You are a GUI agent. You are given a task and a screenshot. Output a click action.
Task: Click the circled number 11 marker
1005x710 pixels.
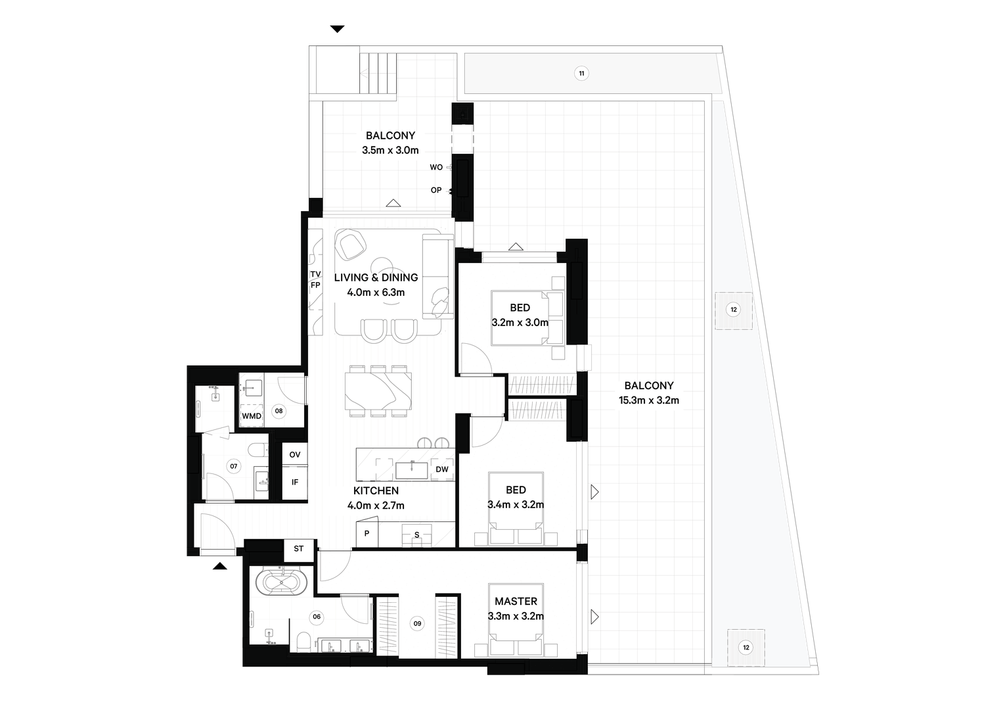pos(581,73)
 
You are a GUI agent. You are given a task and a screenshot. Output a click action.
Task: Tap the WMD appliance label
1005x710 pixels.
pos(251,416)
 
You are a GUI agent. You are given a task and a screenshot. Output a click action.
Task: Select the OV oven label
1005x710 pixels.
pos(295,454)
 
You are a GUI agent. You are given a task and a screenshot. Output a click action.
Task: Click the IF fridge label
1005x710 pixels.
pos(295,483)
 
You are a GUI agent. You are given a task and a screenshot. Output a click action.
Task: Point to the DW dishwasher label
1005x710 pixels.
pos(442,469)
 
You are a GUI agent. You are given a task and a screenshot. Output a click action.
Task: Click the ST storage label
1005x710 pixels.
pos(299,548)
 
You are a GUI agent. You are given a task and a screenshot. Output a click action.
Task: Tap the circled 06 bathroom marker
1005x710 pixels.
pos(317,617)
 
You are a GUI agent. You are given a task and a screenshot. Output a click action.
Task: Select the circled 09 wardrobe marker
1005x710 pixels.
pos(417,623)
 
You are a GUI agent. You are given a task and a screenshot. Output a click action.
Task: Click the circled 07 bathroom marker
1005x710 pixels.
pos(233,466)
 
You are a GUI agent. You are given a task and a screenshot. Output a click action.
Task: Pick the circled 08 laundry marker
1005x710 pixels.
pos(279,410)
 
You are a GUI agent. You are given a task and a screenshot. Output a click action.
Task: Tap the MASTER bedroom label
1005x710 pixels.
pos(516,601)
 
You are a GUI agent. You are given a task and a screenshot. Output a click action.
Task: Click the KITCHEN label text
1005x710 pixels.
pos(376,490)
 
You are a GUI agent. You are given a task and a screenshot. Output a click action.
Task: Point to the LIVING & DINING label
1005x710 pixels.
pos(376,277)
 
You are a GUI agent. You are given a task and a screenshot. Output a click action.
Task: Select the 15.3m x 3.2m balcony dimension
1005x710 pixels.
pos(649,400)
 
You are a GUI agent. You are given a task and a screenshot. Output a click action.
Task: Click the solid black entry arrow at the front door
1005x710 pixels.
pos(220,566)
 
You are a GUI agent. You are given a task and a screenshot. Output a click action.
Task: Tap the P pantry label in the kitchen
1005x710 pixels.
pos(367,534)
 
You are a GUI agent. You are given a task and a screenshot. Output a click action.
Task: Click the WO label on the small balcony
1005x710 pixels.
pos(436,167)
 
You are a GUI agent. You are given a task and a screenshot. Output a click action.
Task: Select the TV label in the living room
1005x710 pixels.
pos(315,274)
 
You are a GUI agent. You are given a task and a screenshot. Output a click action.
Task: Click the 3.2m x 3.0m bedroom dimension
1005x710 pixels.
pos(520,322)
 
